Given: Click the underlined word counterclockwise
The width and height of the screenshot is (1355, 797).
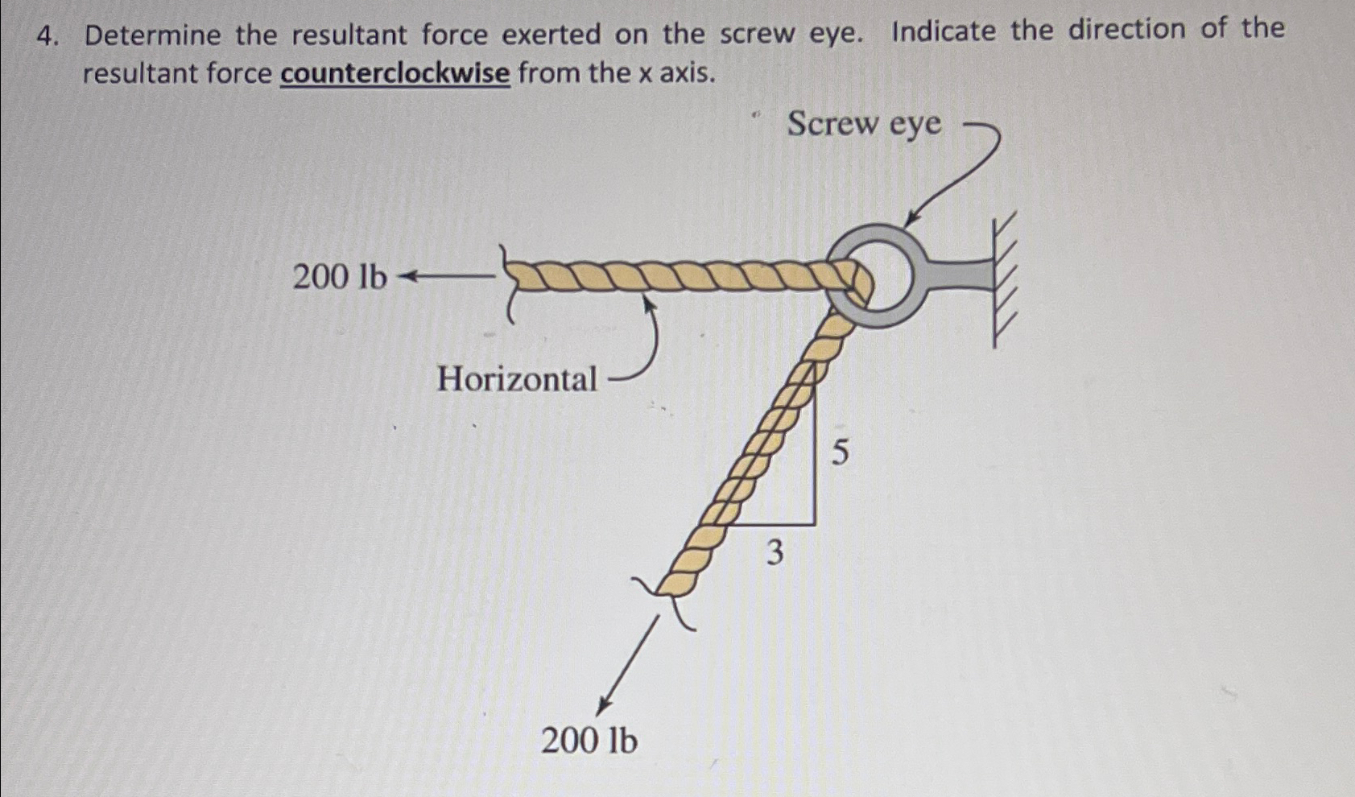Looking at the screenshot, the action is pos(395,74).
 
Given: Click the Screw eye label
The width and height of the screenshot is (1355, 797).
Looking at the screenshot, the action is pos(864,125).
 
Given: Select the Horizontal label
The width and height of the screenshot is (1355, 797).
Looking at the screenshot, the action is pos(517,378).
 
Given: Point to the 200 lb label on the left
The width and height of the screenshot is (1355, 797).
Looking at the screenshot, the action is pos(339,277).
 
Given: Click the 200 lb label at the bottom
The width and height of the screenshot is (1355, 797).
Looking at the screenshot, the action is pos(589,741).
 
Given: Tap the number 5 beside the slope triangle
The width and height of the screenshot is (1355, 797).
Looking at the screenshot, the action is pos(839,452).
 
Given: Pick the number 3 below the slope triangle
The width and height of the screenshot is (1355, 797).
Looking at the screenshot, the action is pos(774,553).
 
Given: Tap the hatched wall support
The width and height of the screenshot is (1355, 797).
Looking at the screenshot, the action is pos(1004,279).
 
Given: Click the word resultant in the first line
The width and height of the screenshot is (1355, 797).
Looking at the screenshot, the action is pos(349,35).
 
